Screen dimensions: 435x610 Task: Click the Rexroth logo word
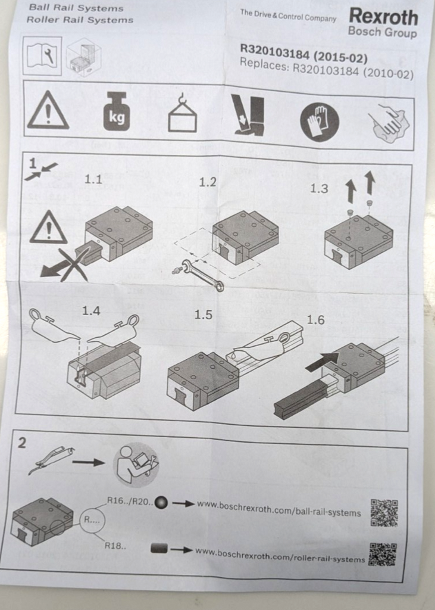tap(383, 17)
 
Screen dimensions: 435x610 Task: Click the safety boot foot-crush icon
tap(249, 115)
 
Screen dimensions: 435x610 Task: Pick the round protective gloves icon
tap(319, 122)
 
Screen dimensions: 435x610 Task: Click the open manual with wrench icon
tap(42, 56)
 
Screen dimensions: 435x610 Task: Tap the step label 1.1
tap(93, 179)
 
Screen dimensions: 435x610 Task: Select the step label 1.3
tap(319, 189)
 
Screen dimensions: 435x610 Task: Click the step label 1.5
tap(204, 315)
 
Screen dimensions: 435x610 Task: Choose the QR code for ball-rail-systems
tap(384, 513)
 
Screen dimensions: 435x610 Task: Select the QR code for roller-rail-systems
tap(383, 555)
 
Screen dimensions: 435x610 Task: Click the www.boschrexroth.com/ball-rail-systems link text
tap(279, 508)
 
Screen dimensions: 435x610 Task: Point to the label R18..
tap(115, 546)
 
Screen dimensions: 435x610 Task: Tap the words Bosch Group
tap(382, 32)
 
